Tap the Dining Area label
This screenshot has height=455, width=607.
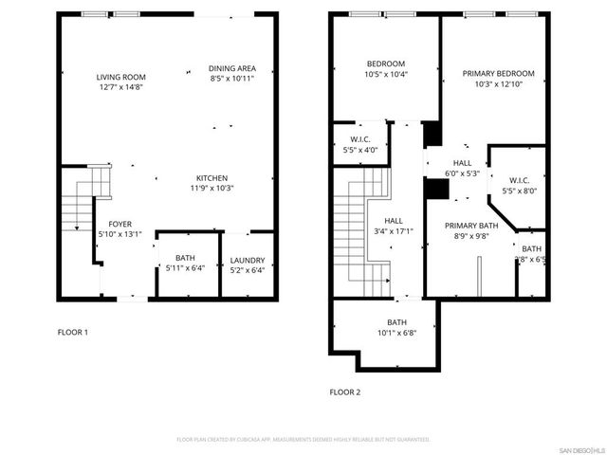coord(232,68)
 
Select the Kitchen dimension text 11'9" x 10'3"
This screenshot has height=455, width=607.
coord(212,188)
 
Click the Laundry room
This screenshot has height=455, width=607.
coord(248,266)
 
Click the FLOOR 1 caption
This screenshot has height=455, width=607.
coord(73,332)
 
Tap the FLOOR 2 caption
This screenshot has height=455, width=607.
coord(346,391)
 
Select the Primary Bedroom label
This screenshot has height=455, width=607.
coord(498,74)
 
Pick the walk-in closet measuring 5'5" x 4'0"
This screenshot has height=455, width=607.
coord(359,144)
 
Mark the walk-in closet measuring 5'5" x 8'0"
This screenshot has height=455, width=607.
coord(519,186)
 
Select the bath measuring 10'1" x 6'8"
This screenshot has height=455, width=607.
coord(396,327)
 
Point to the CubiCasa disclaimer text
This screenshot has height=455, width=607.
coord(303,439)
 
